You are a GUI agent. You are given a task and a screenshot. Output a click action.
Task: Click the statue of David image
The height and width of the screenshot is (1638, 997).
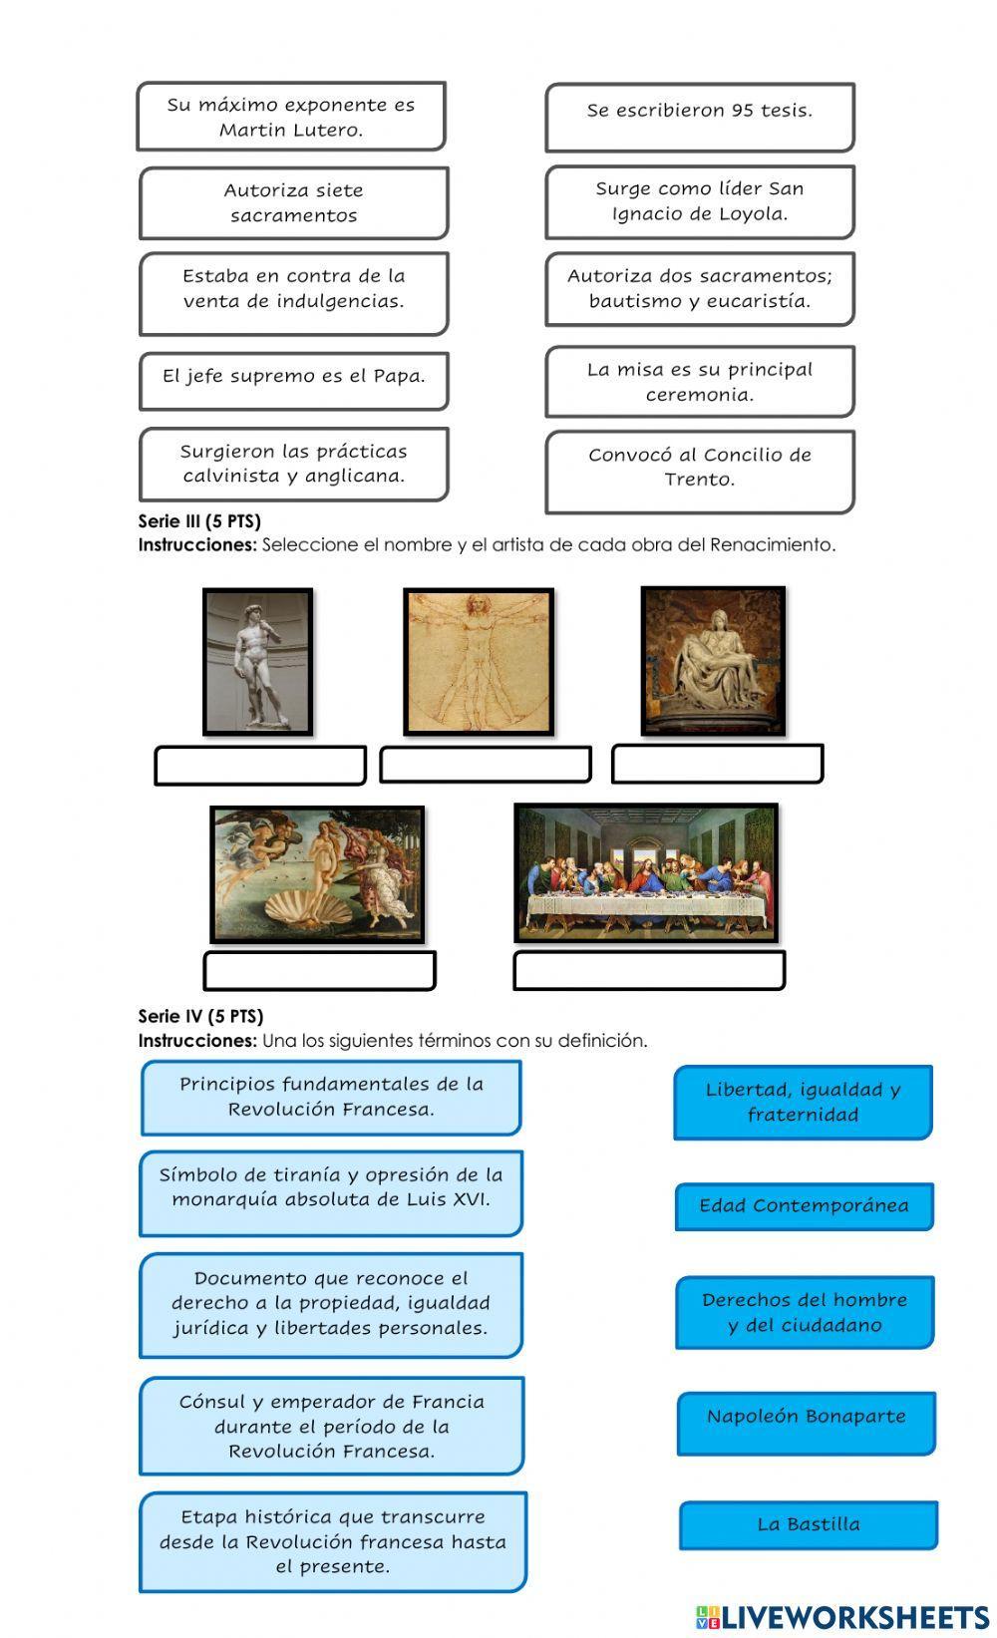click(x=258, y=662)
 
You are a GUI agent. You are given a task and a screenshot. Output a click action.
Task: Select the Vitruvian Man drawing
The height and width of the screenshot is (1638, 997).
click(x=479, y=662)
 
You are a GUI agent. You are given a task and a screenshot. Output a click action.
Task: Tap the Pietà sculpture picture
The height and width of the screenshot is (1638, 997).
click(x=713, y=660)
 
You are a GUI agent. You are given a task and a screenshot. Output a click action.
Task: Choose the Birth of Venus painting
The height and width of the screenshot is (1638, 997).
click(x=317, y=874)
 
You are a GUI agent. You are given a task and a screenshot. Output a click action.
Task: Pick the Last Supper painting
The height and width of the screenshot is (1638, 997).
click(x=646, y=873)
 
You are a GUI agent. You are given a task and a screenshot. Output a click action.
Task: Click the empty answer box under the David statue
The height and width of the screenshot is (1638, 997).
click(x=260, y=766)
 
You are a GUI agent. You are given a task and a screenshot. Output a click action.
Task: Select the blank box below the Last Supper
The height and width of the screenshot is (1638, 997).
click(x=649, y=970)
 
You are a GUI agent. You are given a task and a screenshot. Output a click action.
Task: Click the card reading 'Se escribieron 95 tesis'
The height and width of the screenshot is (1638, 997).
click(x=700, y=117)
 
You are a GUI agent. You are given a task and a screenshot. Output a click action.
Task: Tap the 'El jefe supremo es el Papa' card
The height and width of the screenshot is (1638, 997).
click(x=294, y=380)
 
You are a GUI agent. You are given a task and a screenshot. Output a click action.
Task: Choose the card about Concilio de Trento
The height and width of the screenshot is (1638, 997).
click(x=700, y=471)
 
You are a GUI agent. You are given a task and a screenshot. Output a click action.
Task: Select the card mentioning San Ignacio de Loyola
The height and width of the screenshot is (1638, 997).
click(x=700, y=202)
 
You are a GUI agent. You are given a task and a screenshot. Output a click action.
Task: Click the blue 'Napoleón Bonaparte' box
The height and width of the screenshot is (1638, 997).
click(x=807, y=1423)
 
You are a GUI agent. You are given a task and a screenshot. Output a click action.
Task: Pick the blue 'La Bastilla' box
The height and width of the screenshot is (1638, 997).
click(x=809, y=1524)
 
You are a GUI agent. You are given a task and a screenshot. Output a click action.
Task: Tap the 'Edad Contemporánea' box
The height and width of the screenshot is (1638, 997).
click(x=805, y=1206)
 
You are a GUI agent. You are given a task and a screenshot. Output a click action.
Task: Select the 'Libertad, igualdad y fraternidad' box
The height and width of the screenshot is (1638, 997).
click(x=803, y=1102)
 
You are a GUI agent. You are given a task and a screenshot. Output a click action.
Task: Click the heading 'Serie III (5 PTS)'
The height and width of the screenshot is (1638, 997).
click(x=199, y=520)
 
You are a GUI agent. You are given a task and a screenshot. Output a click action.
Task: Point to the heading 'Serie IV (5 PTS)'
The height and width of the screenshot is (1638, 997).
click(x=200, y=1016)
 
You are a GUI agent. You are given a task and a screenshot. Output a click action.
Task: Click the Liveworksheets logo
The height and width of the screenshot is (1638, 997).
click(x=842, y=1617)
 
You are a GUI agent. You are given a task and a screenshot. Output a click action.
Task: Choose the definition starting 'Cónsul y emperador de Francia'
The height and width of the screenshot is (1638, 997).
click(x=332, y=1426)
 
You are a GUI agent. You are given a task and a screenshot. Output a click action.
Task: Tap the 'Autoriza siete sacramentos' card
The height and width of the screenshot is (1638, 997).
click(x=294, y=203)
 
